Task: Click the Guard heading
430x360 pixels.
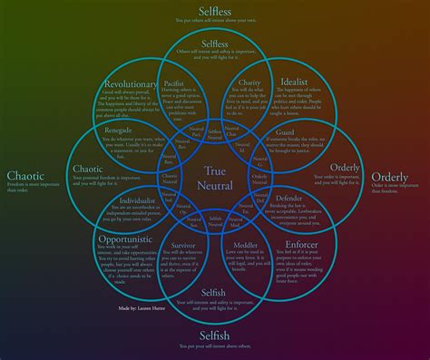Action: click(x=284, y=131)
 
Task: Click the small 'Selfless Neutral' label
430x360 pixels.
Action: click(x=215, y=133)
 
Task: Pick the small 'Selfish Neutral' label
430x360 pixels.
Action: click(x=215, y=220)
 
